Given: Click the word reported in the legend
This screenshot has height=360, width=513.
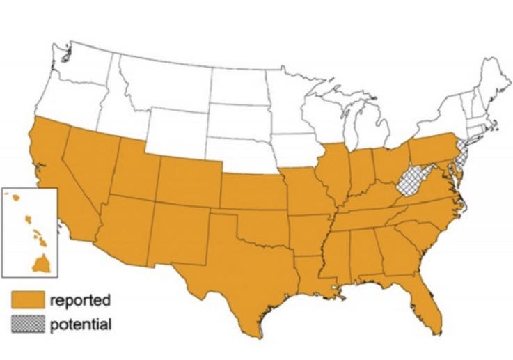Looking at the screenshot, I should (x=80, y=301).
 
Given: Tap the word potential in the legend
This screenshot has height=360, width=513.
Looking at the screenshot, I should (x=80, y=324).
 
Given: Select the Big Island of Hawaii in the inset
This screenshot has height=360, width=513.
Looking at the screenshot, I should (x=40, y=263).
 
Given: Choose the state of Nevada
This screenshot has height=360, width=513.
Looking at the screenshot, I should (x=87, y=167).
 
